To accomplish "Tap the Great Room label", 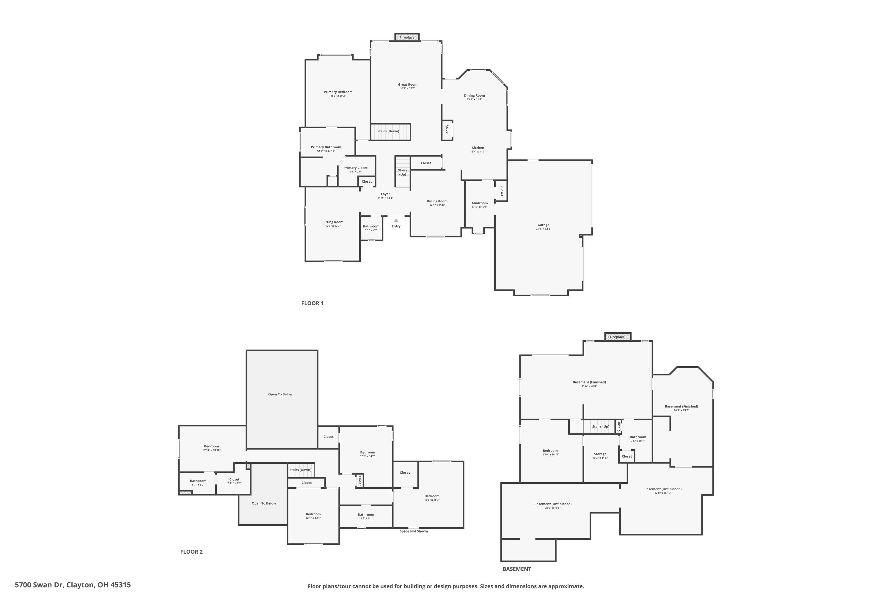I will point(407,84).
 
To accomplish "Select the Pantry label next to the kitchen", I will point(447,130).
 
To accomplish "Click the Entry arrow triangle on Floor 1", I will point(396,220).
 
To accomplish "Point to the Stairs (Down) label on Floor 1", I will point(388,131).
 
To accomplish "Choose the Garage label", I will point(543,225).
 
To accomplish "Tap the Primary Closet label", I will point(355,168).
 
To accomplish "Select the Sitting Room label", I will point(333,222).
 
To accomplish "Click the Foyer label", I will point(385,194).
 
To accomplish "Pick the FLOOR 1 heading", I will point(312,303).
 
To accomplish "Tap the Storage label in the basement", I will point(600,454).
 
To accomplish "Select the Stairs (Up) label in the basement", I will point(600,427).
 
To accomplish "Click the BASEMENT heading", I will point(516,569).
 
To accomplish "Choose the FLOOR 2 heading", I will point(191,552).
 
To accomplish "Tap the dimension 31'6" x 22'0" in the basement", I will point(589,386).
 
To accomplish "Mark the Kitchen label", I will point(478,148).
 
